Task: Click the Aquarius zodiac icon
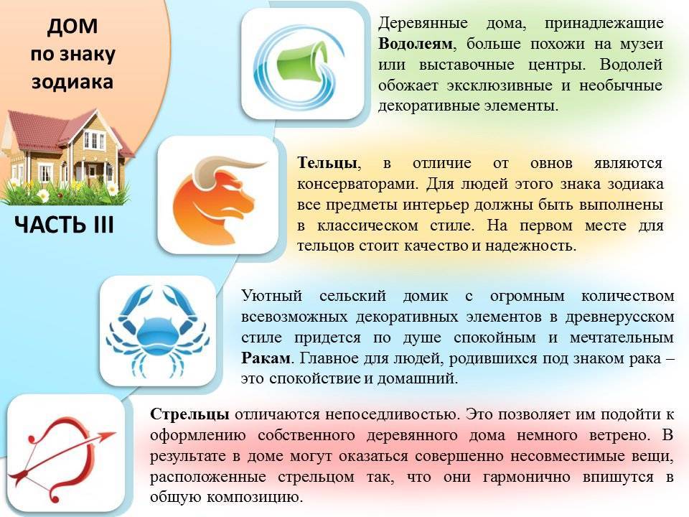pos(302,64)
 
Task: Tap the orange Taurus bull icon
pos(217,195)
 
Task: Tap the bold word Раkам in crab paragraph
pos(266,357)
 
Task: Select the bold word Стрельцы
pos(189,414)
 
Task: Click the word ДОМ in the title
pos(72,28)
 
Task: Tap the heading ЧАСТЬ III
pos(64,225)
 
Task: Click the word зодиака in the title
pos(72,81)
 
